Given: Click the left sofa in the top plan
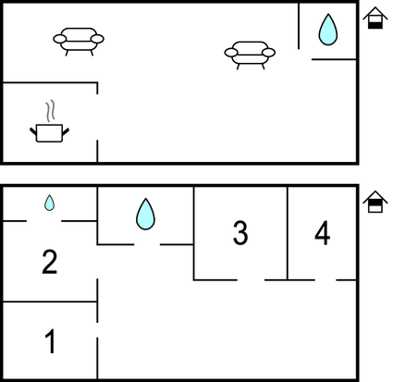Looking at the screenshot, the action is coord(79,42).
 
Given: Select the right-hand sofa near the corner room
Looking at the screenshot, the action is coord(250,55).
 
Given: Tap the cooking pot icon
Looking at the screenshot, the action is coord(49,133).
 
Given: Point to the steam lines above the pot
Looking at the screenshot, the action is coord(50,110).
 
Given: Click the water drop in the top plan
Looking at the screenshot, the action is coord(328,30).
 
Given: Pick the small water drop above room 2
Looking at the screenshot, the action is coord(49,203).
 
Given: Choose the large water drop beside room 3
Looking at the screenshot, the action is coord(145,214).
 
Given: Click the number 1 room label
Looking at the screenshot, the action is coord(50,341).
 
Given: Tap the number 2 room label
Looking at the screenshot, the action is coord(49,262).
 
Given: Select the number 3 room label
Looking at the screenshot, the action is coord(240,233).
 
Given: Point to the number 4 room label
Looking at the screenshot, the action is coord(323,233).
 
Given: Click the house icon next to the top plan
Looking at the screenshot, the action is coord(375,18).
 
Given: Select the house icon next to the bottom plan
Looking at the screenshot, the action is coord(375,202).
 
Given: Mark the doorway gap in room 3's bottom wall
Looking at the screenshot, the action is coord(251,280).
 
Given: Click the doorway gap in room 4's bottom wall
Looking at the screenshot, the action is coord(325,280).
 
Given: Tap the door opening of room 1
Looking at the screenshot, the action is coord(97,330).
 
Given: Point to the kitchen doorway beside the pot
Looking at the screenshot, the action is coord(97,117).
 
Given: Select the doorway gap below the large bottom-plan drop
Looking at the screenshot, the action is coord(147,244).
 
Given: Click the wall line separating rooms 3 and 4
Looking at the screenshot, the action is coord(288,233).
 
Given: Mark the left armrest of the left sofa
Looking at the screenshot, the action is coord(59,39).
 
